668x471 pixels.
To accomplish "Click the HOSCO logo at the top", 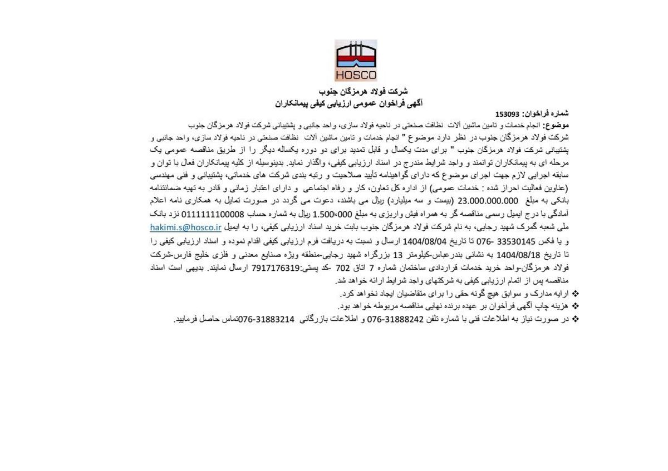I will [x=356, y=61].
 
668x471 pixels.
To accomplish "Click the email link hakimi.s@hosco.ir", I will [x=186, y=227].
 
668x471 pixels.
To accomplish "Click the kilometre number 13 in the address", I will [x=397, y=254].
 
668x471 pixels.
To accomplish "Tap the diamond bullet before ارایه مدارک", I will [x=575, y=293].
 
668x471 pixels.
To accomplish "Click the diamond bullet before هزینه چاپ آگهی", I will [x=575, y=306].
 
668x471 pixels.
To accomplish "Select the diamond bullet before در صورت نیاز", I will [x=575, y=319].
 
